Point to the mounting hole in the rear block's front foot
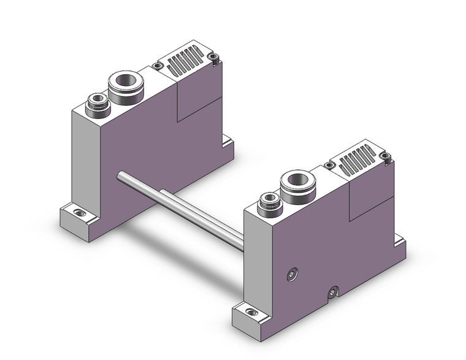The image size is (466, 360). tap(77, 213)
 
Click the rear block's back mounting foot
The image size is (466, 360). tap(228, 145)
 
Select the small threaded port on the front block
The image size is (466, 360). tap(268, 199)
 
